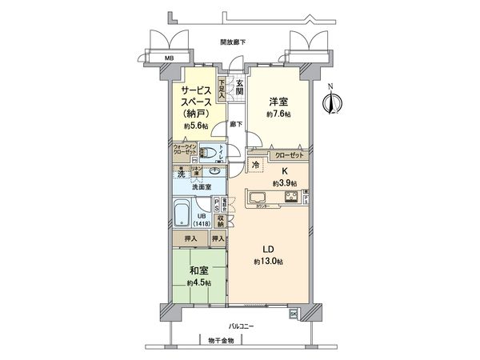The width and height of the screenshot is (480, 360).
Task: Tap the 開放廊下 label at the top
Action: (x=234, y=42)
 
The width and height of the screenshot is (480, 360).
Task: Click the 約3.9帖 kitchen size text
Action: (x=284, y=183)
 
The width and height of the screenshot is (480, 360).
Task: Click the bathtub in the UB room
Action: (x=181, y=215)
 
